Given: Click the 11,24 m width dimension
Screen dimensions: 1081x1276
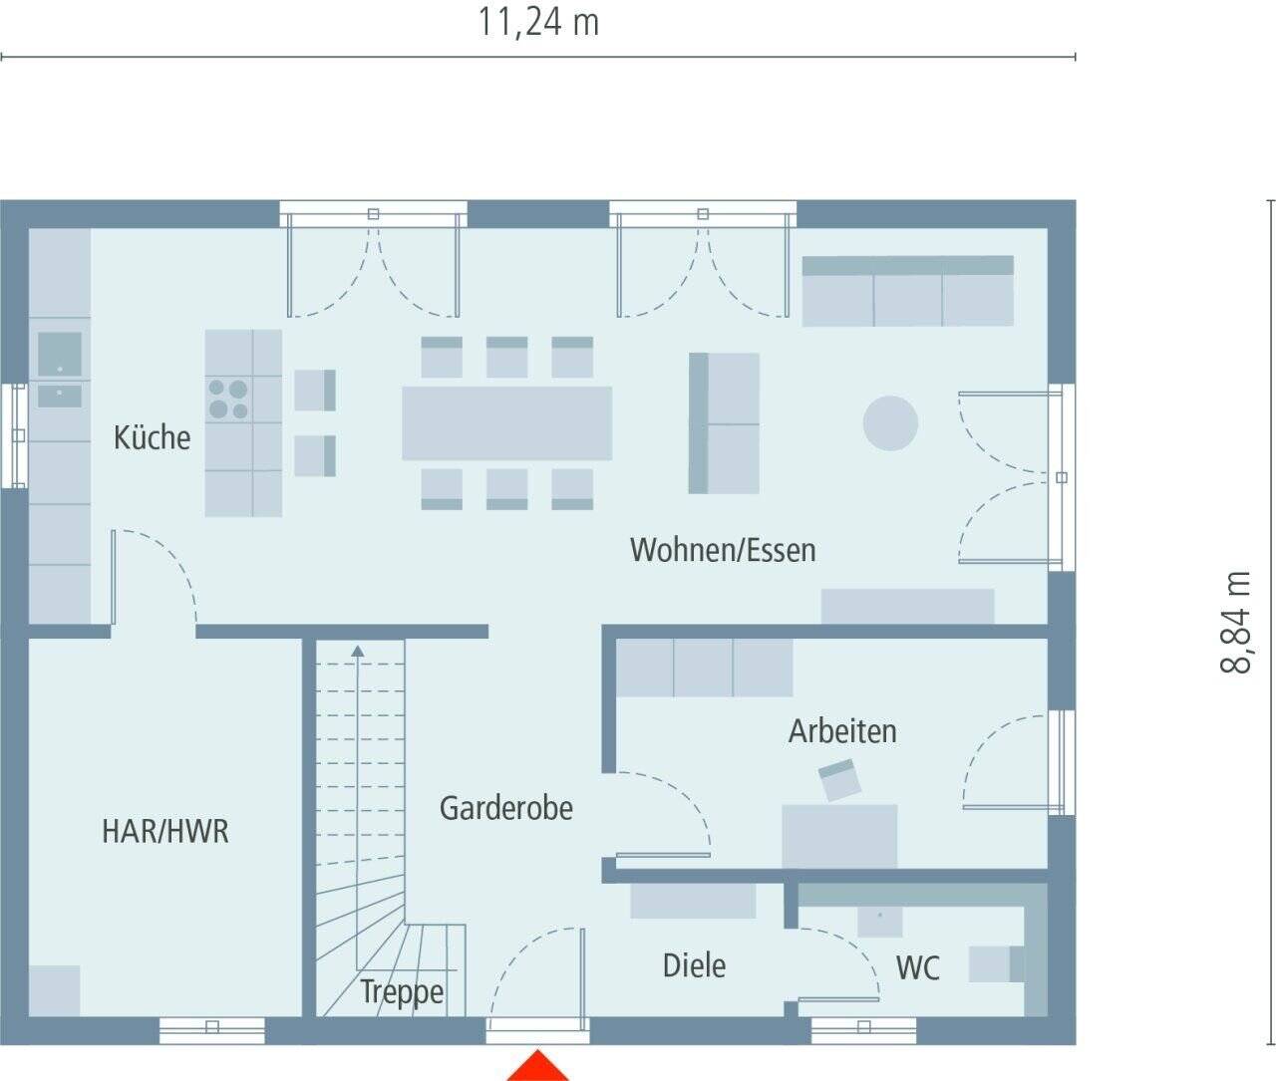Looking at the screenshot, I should (538, 22).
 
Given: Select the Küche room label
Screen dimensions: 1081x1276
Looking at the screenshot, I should (152, 437).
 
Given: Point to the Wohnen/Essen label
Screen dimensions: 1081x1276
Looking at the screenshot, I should (723, 550).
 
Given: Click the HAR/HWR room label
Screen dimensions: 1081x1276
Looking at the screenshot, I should (165, 831).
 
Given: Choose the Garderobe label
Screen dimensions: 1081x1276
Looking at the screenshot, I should (506, 808).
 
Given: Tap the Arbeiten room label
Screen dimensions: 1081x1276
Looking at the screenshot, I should (842, 731).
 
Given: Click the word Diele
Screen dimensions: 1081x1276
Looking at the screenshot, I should (694, 965).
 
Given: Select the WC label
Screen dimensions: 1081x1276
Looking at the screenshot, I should (917, 967).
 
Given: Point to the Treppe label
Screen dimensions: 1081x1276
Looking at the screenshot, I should (402, 992).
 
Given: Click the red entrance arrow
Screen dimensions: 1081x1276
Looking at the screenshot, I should (537, 1067).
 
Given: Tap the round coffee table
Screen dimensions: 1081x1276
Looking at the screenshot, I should (890, 422).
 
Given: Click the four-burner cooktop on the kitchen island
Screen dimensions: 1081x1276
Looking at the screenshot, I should (228, 399).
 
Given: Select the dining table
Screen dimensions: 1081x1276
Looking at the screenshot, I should (506, 423).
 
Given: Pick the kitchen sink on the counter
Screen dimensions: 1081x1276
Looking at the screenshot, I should (60, 353).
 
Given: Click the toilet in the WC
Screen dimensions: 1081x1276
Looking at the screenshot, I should (997, 964).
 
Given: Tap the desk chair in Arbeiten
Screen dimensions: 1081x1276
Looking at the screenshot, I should (839, 780).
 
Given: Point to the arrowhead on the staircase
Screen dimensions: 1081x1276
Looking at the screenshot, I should (358, 651).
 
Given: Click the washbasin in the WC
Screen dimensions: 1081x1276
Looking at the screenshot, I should (880, 921).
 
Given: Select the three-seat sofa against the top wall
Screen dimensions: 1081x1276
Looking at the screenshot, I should (907, 291).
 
